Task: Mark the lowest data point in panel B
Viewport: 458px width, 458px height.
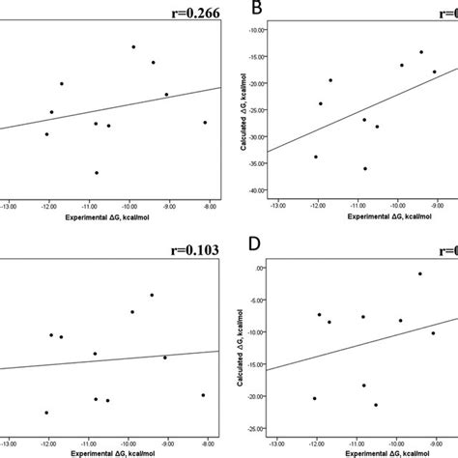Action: pyautogui.click(x=364, y=168)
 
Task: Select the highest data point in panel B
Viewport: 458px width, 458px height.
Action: pyautogui.click(x=421, y=52)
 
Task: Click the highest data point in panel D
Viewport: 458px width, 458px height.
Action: pyautogui.click(x=419, y=273)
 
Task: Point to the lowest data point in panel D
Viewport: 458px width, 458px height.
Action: pyautogui.click(x=375, y=405)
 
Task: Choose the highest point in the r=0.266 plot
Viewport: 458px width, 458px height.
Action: pyautogui.click(x=133, y=46)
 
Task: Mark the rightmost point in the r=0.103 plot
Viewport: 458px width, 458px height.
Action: pyautogui.click(x=203, y=394)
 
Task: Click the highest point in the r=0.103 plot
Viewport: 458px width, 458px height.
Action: pyautogui.click(x=152, y=295)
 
